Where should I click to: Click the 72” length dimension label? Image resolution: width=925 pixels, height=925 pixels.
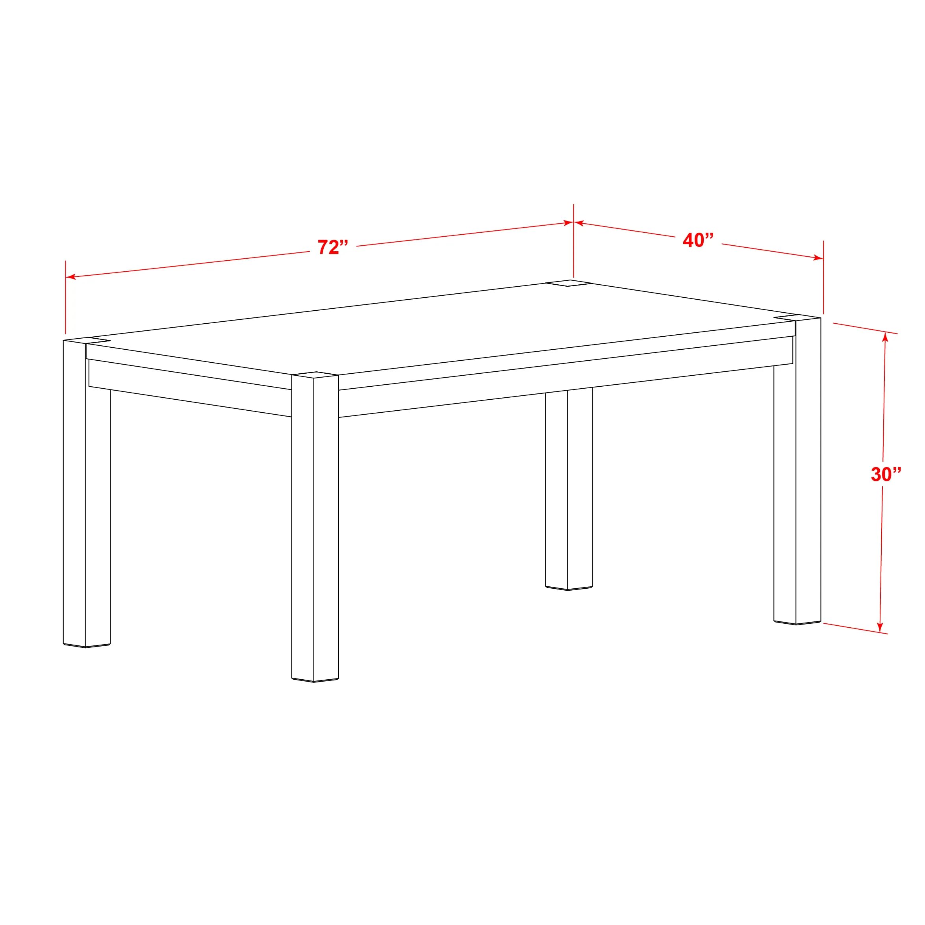pyautogui.click(x=333, y=247)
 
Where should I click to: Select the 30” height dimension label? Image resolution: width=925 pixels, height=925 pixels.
pyautogui.click(x=886, y=474)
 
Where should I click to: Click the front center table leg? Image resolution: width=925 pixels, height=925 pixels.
pyautogui.click(x=315, y=526)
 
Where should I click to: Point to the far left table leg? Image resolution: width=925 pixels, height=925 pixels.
pyautogui.click(x=86, y=493)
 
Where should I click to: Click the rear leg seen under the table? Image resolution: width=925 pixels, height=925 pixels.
pyautogui.click(x=568, y=488)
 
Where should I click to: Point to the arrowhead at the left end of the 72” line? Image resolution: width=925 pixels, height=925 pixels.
pyautogui.click(x=71, y=276)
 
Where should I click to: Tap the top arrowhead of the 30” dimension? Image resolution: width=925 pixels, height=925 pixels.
pyautogui.click(x=885, y=337)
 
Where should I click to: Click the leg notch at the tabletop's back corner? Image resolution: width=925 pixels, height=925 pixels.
pyautogui.click(x=568, y=283)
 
